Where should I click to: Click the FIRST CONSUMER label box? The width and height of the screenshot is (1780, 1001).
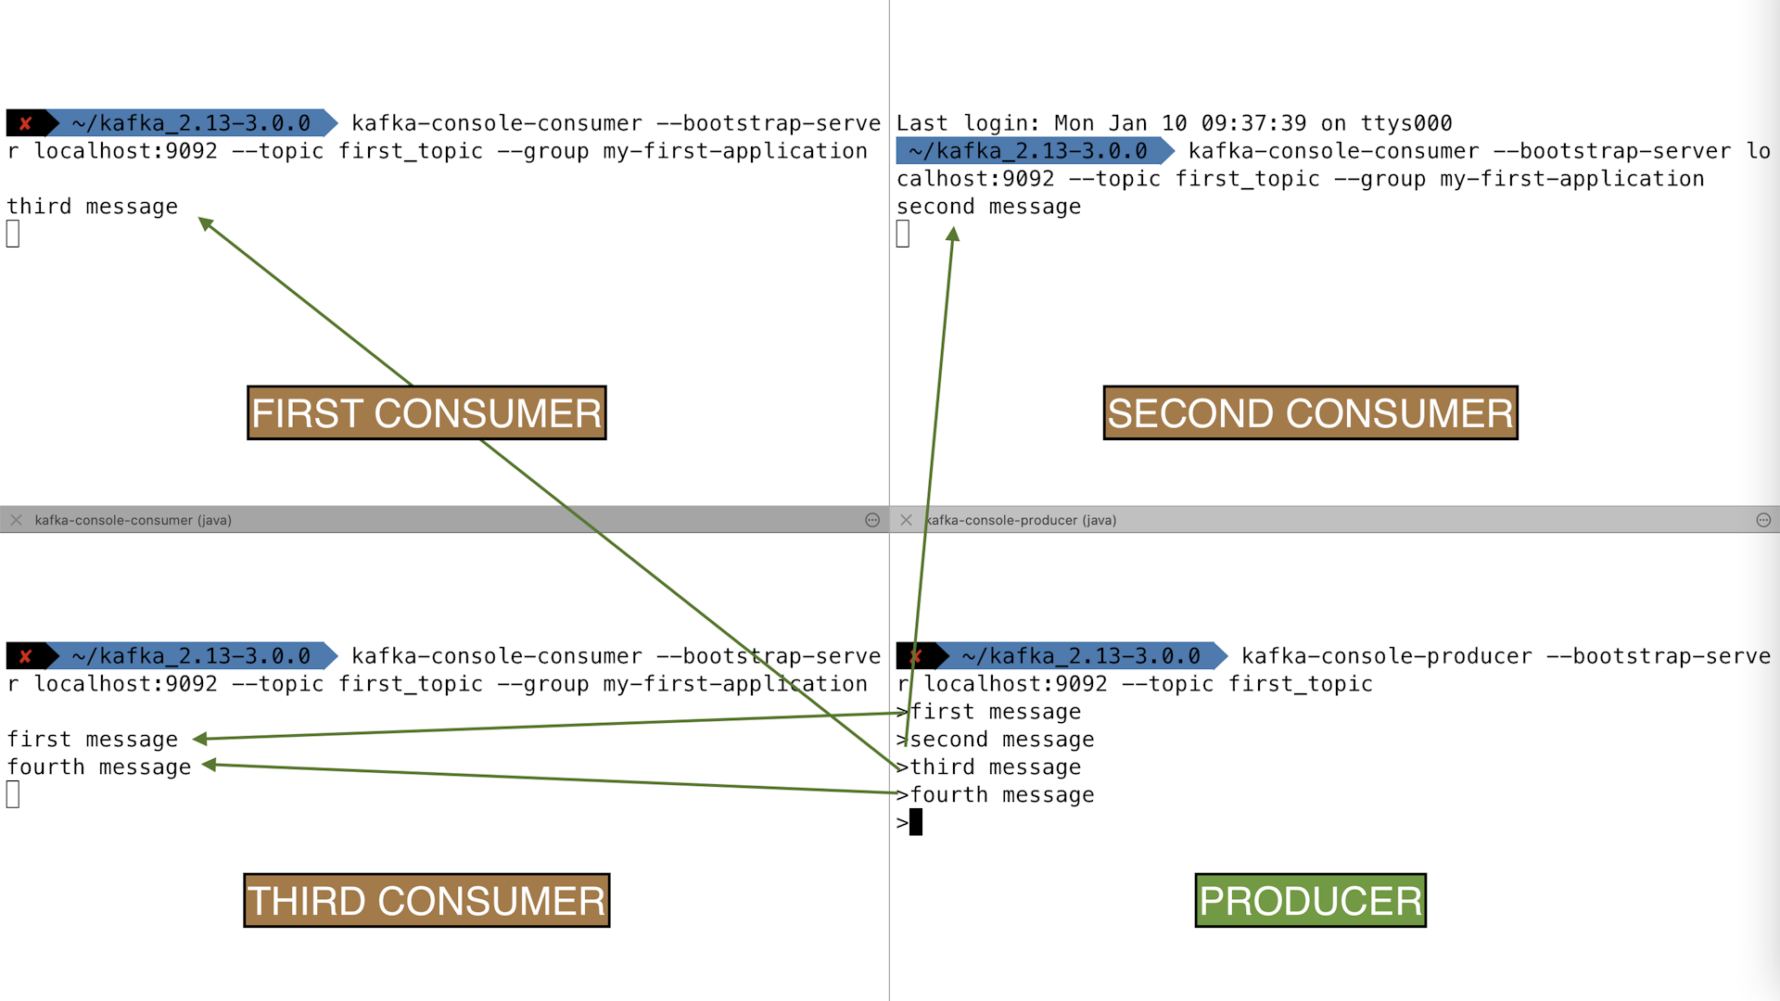click(x=426, y=412)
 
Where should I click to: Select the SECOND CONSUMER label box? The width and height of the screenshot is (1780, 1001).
click(x=1310, y=412)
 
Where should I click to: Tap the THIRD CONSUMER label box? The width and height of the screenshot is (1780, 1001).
click(x=426, y=900)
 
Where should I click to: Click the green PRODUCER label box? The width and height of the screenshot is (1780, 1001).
click(x=1310, y=900)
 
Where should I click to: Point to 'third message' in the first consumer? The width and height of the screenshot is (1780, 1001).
click(x=93, y=207)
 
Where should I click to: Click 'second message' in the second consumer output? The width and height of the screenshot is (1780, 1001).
click(x=988, y=207)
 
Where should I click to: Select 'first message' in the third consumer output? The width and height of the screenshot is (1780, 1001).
click(x=93, y=740)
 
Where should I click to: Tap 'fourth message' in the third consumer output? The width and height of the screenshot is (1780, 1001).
click(x=99, y=767)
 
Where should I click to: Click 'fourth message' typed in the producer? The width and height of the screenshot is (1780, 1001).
click(x=1002, y=795)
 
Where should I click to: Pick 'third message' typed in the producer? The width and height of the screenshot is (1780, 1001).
click(x=996, y=767)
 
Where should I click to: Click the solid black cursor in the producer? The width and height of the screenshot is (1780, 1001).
click(x=916, y=822)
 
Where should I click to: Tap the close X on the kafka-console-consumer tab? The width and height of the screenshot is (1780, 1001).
click(x=16, y=520)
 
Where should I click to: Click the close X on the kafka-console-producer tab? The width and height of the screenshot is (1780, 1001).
click(x=906, y=520)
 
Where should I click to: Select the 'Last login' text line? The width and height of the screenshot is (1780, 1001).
click(x=1174, y=123)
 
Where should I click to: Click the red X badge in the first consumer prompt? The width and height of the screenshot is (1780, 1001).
click(x=26, y=123)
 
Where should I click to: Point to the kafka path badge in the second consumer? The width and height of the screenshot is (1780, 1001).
click(x=1029, y=151)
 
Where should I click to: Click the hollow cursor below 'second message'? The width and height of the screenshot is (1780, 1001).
click(x=903, y=234)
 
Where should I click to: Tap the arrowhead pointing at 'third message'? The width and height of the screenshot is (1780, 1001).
click(x=205, y=223)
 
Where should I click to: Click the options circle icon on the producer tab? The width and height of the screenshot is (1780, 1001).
click(x=1763, y=520)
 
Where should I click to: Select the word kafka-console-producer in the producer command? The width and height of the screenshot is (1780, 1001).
click(x=1387, y=656)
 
